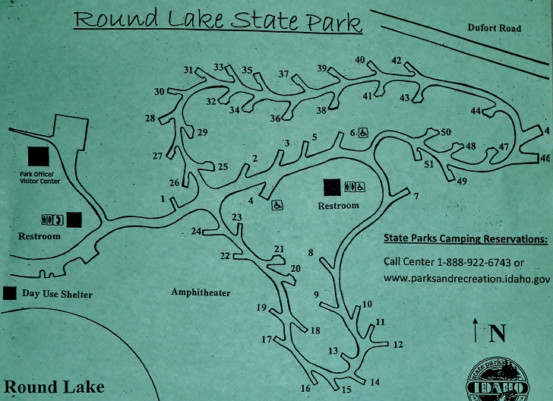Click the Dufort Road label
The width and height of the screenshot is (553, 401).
(494, 29)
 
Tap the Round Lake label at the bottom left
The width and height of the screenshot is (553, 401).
(53, 387)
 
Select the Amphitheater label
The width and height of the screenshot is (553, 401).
(201, 292)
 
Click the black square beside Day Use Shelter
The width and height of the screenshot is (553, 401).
(11, 292)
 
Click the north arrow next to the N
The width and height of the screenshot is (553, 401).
(476, 332)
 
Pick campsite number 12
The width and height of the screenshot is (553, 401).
(397, 344)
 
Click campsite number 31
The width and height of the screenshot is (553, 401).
(189, 70)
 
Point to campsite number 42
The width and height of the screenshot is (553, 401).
(396, 61)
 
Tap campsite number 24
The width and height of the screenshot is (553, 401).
(196, 231)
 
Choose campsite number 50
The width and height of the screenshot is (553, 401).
(446, 133)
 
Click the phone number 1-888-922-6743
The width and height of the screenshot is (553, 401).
(472, 263)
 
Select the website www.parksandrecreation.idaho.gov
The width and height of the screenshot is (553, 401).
(466, 279)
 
